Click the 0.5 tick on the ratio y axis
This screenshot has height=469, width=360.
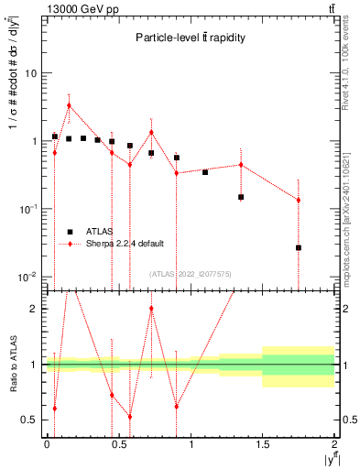(33, 420)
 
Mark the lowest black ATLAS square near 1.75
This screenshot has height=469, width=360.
(299, 247)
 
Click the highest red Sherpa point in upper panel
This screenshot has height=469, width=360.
(69, 105)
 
